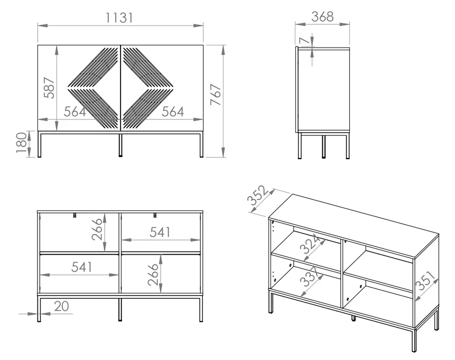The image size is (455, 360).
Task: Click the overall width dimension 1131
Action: [x=119, y=18]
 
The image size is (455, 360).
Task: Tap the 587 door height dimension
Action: [x=49, y=88]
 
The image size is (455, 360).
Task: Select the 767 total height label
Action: [x=216, y=95]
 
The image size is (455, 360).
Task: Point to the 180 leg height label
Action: [x=21, y=143]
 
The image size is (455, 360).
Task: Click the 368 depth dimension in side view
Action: [x=322, y=16]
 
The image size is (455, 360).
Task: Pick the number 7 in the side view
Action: [x=305, y=40]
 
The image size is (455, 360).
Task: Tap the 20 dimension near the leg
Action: [x=61, y=306]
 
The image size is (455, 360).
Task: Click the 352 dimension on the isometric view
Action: [x=257, y=196]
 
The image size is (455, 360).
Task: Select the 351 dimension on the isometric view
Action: [x=426, y=281]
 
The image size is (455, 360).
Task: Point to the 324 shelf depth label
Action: [x=310, y=244]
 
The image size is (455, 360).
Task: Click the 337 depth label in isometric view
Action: [x=310, y=276]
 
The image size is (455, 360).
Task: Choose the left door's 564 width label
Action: [x=75, y=112]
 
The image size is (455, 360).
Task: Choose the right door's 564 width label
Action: [x=173, y=112]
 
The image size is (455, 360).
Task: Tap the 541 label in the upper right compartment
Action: [x=160, y=232]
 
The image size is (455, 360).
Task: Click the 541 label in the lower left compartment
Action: [x=81, y=267]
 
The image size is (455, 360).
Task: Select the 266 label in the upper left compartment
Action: [x=97, y=229]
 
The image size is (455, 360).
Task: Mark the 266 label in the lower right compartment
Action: [x=153, y=274]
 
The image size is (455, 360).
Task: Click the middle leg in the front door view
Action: [x=120, y=144]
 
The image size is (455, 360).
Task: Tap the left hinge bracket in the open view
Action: [x=75, y=215]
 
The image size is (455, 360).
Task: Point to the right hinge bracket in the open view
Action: [x=155, y=215]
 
